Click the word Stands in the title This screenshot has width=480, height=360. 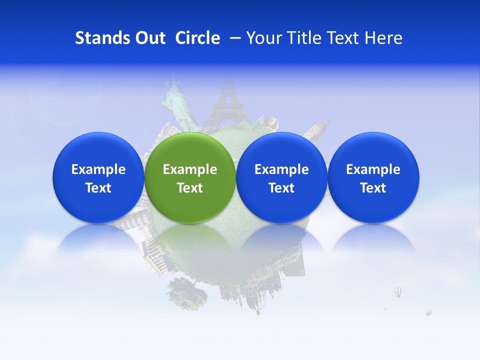(x=102, y=38)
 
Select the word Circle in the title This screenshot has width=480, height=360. (x=197, y=38)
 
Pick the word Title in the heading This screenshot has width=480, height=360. (x=306, y=38)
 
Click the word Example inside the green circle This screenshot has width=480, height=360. (x=190, y=169)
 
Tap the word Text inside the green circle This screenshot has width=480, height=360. (x=190, y=188)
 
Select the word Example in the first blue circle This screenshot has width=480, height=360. (x=98, y=169)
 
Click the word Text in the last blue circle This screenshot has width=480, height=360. (x=373, y=188)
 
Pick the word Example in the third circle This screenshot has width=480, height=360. (x=281, y=169)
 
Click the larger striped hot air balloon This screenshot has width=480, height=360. (x=398, y=291)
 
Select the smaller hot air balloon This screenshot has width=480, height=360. (x=428, y=312)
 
